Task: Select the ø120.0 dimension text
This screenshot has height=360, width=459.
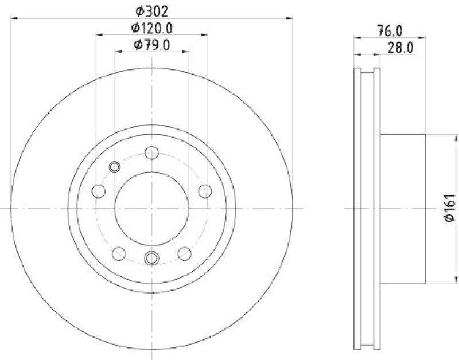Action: tap(152, 28)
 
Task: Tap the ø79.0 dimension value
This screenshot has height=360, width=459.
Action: tap(152, 45)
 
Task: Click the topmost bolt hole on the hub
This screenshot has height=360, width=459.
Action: tap(152, 153)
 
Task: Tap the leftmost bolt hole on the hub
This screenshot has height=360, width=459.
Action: tap(99, 190)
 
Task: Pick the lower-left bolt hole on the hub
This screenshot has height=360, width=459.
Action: tap(119, 253)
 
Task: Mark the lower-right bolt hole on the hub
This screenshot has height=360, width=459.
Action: tap(185, 253)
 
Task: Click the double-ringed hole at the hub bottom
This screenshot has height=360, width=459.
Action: tap(152, 258)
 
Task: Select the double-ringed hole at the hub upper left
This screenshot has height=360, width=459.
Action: tap(114, 167)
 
